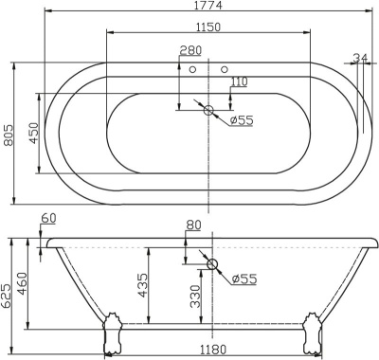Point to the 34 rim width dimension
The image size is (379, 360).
click(x=359, y=59)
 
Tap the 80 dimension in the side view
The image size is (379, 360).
click(x=193, y=225)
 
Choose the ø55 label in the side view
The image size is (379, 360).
click(x=244, y=278)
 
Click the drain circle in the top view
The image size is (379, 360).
click(x=209, y=110)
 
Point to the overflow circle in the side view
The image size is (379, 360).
click(x=212, y=264)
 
